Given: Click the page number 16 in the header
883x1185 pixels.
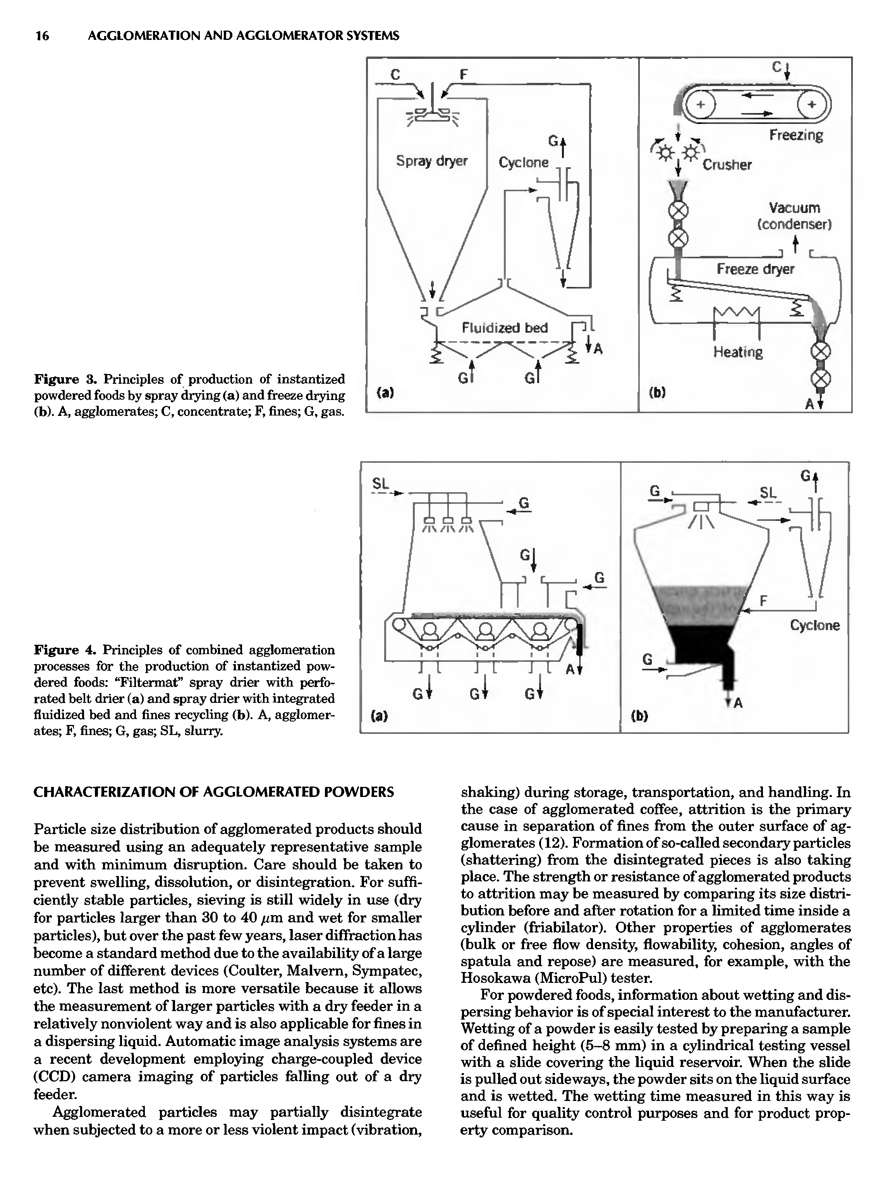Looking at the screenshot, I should pyautogui.click(x=42, y=36).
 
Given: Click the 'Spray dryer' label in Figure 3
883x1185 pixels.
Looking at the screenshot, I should pyautogui.click(x=431, y=160).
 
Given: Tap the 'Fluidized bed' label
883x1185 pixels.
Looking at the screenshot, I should pyautogui.click(x=505, y=327).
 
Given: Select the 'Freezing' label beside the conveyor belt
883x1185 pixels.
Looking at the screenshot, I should pyautogui.click(x=796, y=135).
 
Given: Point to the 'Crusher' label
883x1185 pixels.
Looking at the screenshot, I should pyautogui.click(x=727, y=165).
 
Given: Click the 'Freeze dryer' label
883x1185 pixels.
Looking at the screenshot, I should pyautogui.click(x=755, y=268).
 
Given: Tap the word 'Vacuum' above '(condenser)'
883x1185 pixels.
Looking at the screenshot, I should pyautogui.click(x=794, y=208).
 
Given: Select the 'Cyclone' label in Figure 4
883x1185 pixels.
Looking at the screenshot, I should pyautogui.click(x=814, y=625).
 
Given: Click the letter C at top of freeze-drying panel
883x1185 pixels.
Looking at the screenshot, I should pyautogui.click(x=776, y=67).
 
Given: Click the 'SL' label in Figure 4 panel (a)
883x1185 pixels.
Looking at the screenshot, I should pyautogui.click(x=380, y=484).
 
